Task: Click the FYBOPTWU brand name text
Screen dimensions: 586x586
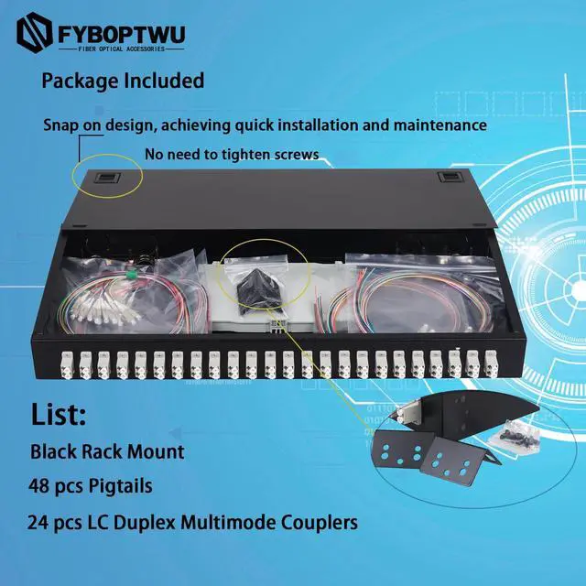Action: tap(123, 37)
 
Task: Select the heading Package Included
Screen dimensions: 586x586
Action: tap(123, 81)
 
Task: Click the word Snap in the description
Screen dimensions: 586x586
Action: tap(63, 125)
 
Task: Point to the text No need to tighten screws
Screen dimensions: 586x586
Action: tap(232, 154)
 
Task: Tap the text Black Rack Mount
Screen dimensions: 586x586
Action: tap(107, 451)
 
